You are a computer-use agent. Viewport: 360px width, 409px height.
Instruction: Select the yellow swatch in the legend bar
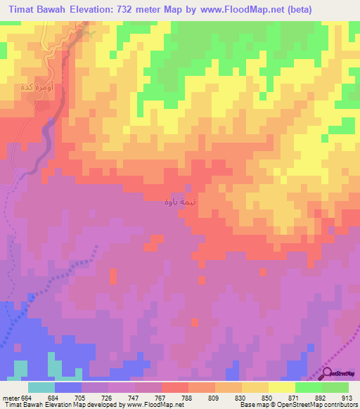pos(281,387)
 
